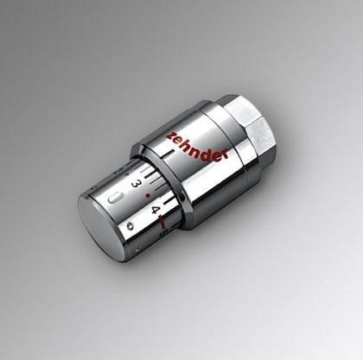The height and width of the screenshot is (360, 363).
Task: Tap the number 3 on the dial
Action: pyautogui.click(x=136, y=183)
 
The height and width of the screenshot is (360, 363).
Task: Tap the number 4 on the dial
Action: pyautogui.click(x=155, y=210)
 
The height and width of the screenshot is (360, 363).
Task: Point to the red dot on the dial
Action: pyautogui.click(x=148, y=196)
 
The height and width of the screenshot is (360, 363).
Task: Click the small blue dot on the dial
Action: pyautogui.click(x=127, y=174)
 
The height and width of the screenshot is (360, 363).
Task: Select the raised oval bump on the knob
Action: pyautogui.click(x=116, y=199)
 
